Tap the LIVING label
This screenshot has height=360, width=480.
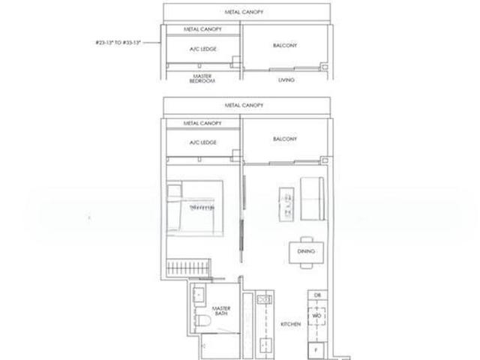click(x=285, y=79)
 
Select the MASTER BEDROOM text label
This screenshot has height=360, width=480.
click(x=200, y=79)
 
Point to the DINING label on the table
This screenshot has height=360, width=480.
click(x=305, y=252)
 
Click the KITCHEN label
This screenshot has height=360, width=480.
click(x=290, y=323)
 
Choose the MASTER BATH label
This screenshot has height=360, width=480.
click(x=220, y=311)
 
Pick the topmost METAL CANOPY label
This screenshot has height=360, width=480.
click(x=243, y=12)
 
